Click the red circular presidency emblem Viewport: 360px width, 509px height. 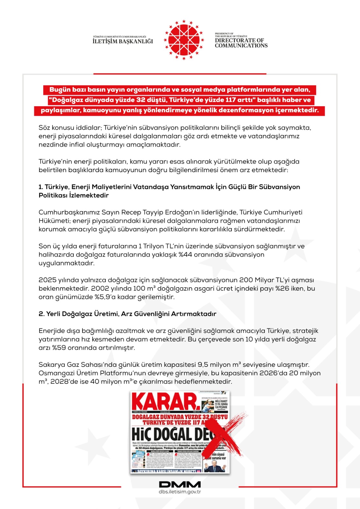(184, 40)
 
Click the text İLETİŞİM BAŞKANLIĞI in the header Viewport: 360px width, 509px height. (123, 41)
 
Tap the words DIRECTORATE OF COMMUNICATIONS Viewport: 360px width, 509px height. (241, 43)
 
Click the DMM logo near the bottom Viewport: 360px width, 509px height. (180, 484)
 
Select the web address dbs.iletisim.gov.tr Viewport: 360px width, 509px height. (180, 492)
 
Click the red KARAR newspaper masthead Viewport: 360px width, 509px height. (166, 402)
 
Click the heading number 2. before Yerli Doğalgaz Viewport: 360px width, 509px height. (41, 314)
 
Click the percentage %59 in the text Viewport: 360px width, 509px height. (59, 348)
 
